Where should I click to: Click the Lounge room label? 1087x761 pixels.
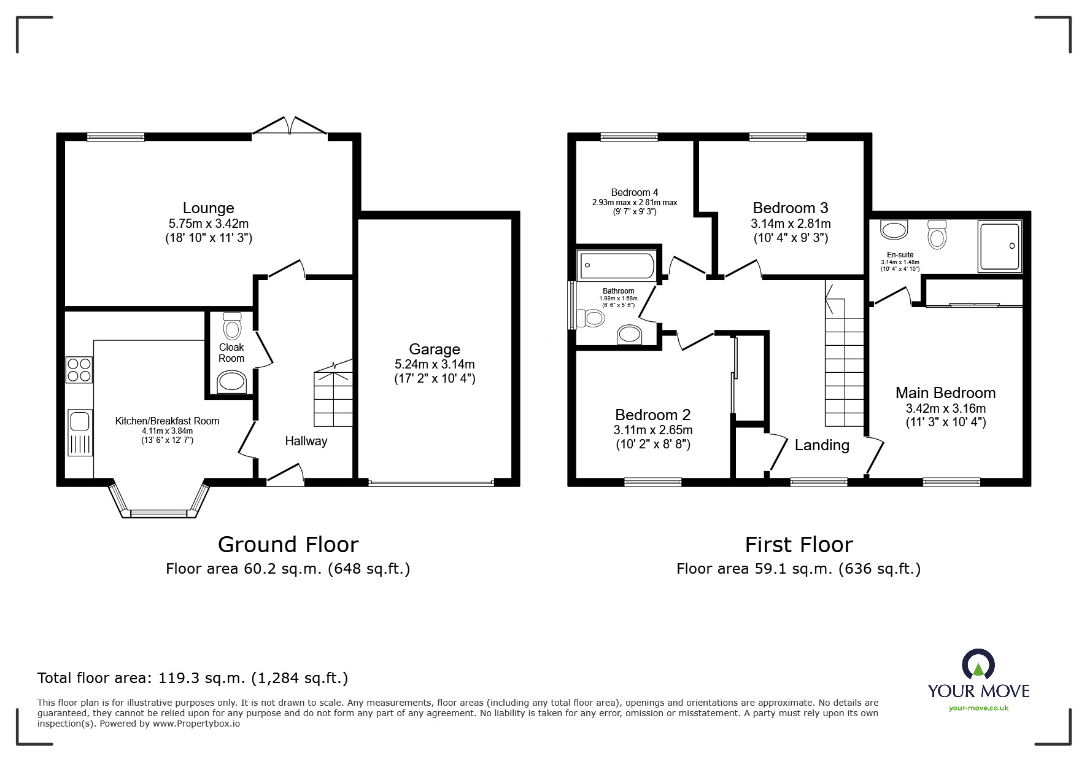pos(209,208)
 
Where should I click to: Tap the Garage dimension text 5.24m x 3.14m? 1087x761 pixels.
pos(435,364)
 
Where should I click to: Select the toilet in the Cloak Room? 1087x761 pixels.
pos(233,326)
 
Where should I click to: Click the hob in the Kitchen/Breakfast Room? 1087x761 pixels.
pos(79,369)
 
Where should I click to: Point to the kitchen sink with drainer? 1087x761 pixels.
pos(80,432)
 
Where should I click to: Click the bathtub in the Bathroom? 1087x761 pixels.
pos(617,265)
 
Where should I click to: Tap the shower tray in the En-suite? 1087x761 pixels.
pos(1000,246)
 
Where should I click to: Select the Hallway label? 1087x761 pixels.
pos(306,441)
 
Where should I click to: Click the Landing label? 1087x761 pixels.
pos(822,445)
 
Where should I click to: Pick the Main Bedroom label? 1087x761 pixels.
pos(945,393)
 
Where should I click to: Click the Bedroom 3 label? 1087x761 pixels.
pos(791,208)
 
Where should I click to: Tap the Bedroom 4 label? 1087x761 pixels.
pos(635,192)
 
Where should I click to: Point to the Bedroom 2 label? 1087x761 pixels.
pos(653,415)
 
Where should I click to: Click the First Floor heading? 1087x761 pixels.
pos(799,545)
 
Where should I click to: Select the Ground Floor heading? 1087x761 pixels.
pos(288,545)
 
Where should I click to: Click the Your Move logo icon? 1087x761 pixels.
pos(978,666)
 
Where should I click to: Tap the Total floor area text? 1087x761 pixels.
pos(193,678)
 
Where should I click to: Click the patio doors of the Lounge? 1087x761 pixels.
pos(290,125)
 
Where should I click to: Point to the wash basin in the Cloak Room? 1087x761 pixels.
pos(233,381)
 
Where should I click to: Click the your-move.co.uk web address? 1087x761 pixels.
pos(978,708)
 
